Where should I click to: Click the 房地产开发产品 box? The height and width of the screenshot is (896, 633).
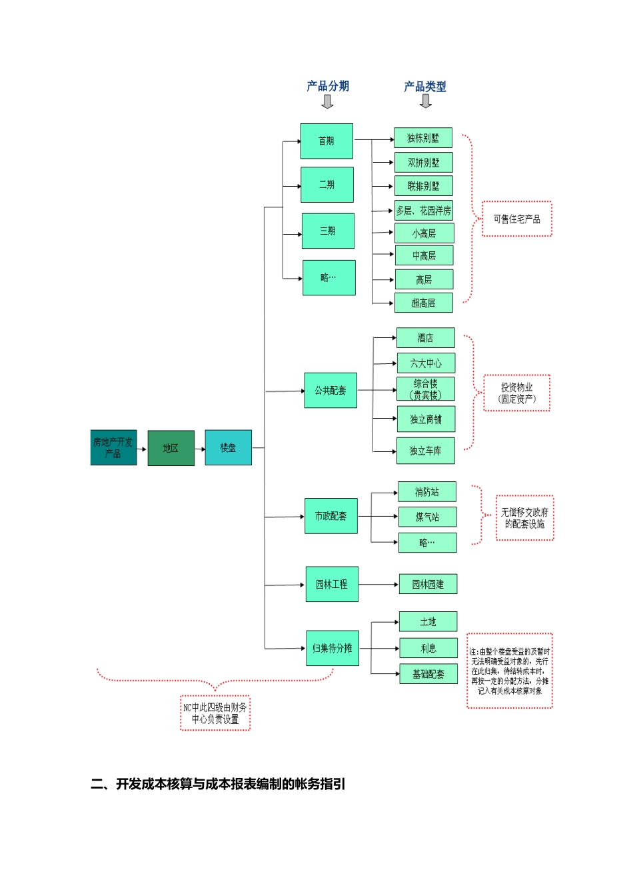click(113, 447)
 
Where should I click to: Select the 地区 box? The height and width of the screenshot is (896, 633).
click(171, 448)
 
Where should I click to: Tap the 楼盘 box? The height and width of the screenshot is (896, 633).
click(228, 447)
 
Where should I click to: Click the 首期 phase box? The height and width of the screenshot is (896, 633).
click(326, 141)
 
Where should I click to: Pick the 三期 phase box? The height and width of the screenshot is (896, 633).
click(328, 231)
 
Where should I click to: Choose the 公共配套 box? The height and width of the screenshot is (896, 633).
click(330, 390)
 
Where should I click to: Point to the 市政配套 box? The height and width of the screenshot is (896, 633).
click(331, 516)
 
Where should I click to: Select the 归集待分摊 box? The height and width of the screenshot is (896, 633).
click(332, 648)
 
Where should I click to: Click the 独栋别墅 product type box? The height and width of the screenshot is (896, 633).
click(423, 138)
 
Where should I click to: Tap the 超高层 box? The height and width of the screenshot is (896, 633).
click(424, 303)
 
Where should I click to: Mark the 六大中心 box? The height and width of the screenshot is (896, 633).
click(426, 363)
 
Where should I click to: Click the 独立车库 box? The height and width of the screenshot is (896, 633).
click(426, 451)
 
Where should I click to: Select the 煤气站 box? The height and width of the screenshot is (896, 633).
click(427, 517)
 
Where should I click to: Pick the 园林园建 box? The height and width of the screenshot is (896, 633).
click(428, 584)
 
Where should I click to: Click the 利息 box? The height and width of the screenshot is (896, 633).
click(428, 648)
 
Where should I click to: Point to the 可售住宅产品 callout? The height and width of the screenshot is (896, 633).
click(517, 219)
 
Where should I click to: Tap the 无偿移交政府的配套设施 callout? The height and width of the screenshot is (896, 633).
click(524, 518)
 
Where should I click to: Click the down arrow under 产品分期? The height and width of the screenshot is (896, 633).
click(327, 101)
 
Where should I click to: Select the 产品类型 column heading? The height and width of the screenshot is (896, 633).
click(425, 86)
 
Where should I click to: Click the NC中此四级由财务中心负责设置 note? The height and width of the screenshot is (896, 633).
click(215, 713)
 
